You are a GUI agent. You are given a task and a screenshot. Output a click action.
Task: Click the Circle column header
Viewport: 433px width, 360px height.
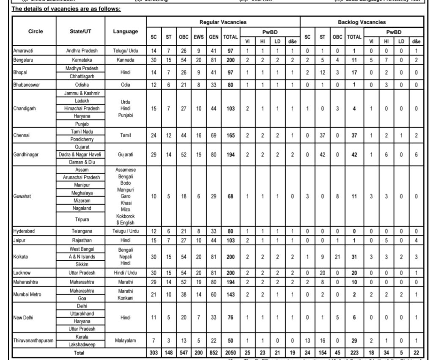point(36,31)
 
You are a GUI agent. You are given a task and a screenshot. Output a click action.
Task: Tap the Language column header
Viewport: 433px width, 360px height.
point(125,31)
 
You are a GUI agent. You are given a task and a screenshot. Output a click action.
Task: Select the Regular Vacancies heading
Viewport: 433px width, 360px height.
point(223,22)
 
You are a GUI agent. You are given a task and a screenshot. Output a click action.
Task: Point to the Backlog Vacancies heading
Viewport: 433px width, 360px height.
point(362,22)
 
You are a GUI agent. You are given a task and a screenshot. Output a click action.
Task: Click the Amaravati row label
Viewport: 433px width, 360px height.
point(23,51)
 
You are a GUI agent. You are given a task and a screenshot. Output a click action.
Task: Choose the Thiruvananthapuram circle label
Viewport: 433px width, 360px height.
point(33,341)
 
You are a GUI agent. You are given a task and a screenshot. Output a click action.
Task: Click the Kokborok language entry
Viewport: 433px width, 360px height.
point(125,216)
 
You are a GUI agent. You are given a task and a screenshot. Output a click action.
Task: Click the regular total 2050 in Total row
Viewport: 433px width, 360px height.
point(230,353)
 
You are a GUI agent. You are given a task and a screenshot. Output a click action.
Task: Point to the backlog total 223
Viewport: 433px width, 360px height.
point(354,353)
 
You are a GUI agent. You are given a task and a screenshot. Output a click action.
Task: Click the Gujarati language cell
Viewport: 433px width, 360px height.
point(125,155)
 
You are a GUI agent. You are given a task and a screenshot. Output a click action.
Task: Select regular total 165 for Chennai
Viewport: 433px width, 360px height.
point(230,136)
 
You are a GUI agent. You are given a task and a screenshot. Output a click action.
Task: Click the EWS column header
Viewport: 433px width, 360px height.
point(199,37)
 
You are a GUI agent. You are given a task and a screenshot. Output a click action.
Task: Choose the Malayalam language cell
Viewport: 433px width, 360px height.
point(125,341)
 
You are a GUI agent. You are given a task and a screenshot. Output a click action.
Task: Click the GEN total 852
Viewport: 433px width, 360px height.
point(214,353)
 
